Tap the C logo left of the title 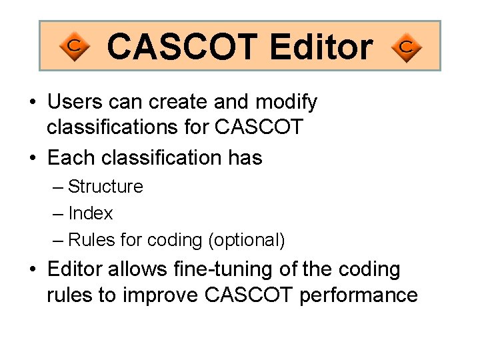point(75,47)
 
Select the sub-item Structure point(105,187)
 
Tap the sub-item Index point(91,213)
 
